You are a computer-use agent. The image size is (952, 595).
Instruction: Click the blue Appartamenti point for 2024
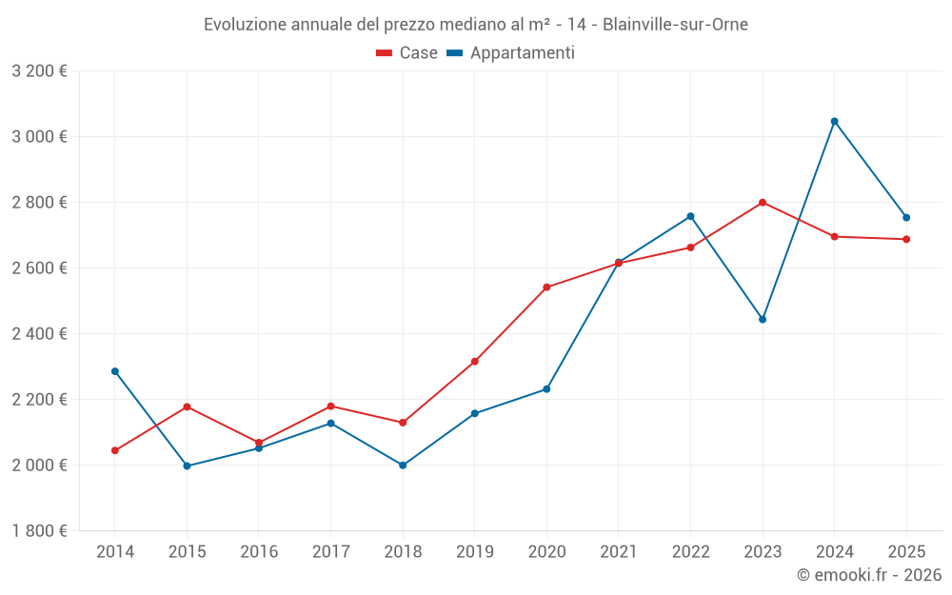click(834, 121)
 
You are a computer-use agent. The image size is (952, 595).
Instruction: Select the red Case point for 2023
click(763, 202)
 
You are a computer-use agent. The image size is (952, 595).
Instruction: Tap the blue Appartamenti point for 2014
click(115, 371)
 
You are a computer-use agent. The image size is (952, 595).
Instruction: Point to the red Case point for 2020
click(546, 287)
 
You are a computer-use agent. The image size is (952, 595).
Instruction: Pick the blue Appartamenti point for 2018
click(403, 466)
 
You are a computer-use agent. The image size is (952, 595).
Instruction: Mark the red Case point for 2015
click(187, 407)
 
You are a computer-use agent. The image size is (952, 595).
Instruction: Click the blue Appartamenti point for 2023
click(763, 319)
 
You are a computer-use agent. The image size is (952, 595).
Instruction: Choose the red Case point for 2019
click(474, 362)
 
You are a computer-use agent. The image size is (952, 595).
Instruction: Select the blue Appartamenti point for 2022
click(690, 216)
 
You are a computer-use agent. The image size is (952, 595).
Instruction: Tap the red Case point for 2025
click(906, 239)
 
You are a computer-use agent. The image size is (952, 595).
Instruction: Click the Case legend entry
click(407, 53)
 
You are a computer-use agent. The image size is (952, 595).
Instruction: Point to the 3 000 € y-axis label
click(39, 136)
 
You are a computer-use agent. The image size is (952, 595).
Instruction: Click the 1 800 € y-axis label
click(39, 530)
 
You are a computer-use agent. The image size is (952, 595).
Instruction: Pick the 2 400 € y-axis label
click(39, 333)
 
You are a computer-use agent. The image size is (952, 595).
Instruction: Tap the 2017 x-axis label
click(330, 551)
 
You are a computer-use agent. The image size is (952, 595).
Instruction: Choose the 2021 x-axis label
click(619, 551)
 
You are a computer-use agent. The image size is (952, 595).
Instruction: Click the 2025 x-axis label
click(906, 551)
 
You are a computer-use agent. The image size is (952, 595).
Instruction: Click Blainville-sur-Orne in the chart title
click(675, 24)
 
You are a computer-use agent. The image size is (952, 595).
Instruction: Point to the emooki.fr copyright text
click(868, 575)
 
